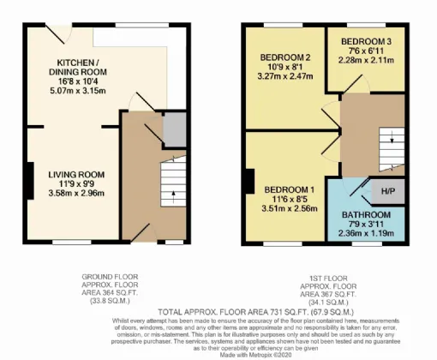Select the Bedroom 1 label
289,189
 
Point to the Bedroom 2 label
284,58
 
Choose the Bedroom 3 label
367,41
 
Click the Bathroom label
367,214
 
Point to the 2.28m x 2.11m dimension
367,60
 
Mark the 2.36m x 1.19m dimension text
367,232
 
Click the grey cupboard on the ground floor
176,129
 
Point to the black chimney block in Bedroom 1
248,182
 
